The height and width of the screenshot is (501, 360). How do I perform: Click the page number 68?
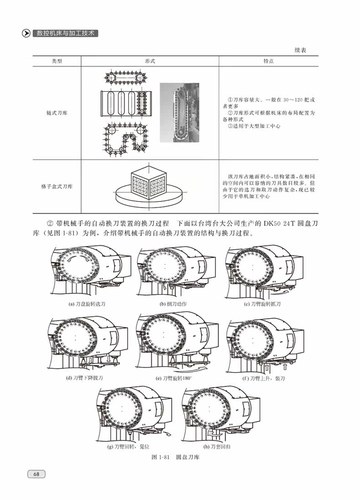click(36, 474)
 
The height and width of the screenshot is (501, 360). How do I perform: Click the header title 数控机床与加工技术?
click(66, 34)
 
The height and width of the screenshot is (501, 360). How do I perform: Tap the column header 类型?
click(57, 61)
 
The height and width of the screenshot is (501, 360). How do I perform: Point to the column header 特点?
click(268, 61)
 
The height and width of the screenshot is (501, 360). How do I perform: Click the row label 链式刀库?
click(57, 112)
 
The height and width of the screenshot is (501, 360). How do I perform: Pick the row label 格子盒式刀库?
click(57, 186)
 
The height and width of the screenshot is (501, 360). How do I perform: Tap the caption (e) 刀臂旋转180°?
click(174, 378)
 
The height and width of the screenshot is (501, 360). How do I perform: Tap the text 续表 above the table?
click(300, 50)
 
